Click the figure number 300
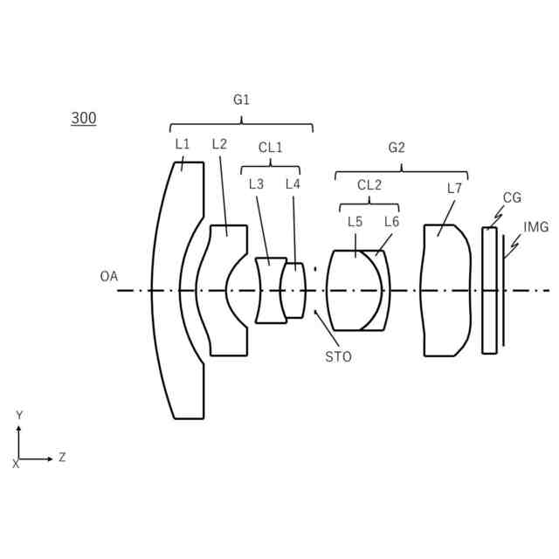[84, 119]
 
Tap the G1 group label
[241, 100]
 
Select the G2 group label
[397, 148]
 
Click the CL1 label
[270, 148]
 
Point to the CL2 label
[369, 185]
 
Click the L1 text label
[182, 144]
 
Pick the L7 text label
[454, 188]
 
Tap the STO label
[338, 356]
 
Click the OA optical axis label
[108, 276]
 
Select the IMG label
[535, 227]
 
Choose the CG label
[513, 198]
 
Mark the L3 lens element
[271, 291]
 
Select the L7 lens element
[445, 291]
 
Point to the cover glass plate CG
[489, 291]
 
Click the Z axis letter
[62, 457]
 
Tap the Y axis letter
[19, 415]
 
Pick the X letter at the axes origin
[15, 465]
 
